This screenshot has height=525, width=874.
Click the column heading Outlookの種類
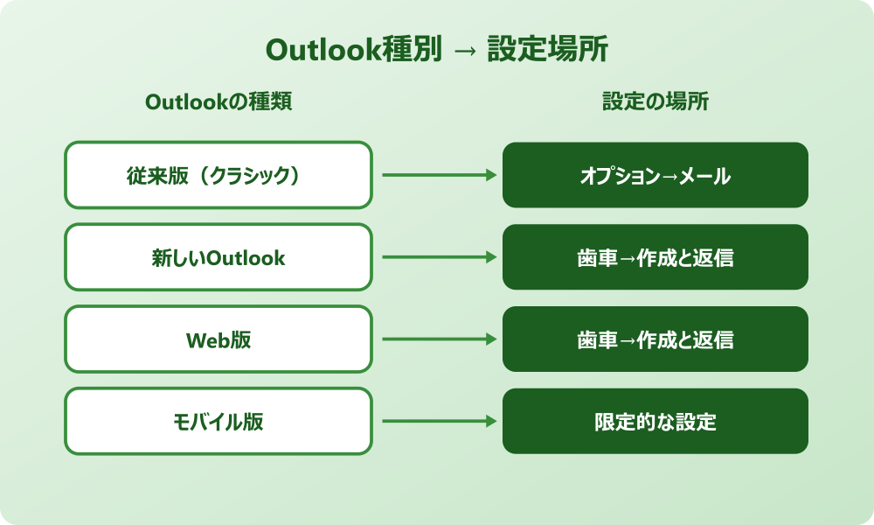click(x=218, y=101)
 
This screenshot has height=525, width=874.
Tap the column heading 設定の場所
click(x=655, y=101)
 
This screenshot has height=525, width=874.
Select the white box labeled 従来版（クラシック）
click(x=218, y=175)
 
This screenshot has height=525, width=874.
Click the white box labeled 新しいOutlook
click(x=218, y=257)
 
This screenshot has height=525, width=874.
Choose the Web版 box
click(x=218, y=339)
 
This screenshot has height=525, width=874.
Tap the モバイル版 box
click(x=218, y=422)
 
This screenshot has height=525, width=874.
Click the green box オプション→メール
click(x=655, y=175)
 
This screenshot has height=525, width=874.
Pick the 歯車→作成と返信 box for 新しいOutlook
click(x=655, y=257)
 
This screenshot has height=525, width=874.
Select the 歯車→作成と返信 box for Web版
click(x=655, y=339)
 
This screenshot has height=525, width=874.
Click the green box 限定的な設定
click(x=655, y=422)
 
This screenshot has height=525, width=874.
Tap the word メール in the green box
click(x=705, y=176)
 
